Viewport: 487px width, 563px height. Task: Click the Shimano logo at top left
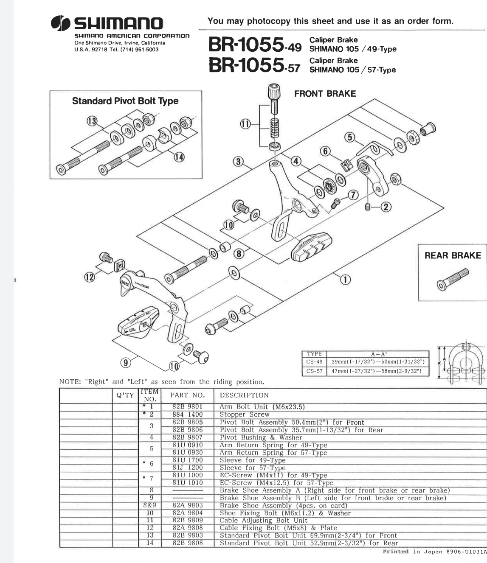(x=107, y=23)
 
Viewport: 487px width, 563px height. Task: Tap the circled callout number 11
(x=245, y=124)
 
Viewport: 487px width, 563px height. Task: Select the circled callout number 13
(x=92, y=121)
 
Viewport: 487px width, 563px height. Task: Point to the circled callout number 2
(x=386, y=207)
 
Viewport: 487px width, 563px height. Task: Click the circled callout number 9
(x=125, y=363)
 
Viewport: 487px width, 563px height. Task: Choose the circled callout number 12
(x=89, y=277)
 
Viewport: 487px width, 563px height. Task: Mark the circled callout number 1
(x=346, y=279)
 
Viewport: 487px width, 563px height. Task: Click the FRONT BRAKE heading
(x=325, y=94)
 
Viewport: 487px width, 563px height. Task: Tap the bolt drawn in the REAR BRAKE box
(x=453, y=279)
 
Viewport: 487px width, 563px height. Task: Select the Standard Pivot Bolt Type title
(x=125, y=101)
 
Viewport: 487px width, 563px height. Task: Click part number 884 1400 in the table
(x=187, y=415)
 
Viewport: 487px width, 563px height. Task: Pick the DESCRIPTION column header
(x=244, y=395)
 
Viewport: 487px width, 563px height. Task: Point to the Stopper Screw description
(x=244, y=415)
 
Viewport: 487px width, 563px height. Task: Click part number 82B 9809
(x=187, y=520)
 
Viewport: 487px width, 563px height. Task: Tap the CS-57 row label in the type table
(x=314, y=371)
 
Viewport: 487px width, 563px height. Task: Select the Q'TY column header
(x=125, y=395)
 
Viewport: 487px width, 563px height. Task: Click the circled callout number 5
(x=349, y=137)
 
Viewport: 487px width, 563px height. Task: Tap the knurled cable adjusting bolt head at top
(x=275, y=91)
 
